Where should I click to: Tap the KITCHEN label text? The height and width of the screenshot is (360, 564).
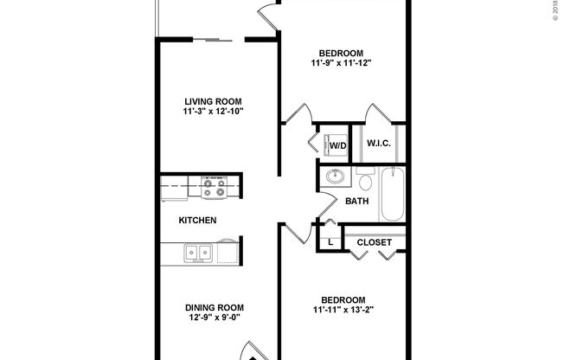[197, 221]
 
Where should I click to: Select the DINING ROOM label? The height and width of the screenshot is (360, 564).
[214, 307]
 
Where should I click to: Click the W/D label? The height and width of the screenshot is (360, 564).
[337, 145]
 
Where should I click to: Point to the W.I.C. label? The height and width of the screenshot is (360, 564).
[380, 143]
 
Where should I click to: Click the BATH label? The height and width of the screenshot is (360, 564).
[357, 201]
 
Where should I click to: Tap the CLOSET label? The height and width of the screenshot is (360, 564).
[375, 242]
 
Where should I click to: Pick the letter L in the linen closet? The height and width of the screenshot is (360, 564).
[331, 242]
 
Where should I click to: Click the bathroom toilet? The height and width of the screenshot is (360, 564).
[364, 181]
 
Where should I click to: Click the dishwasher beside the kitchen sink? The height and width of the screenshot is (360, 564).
[229, 253]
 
